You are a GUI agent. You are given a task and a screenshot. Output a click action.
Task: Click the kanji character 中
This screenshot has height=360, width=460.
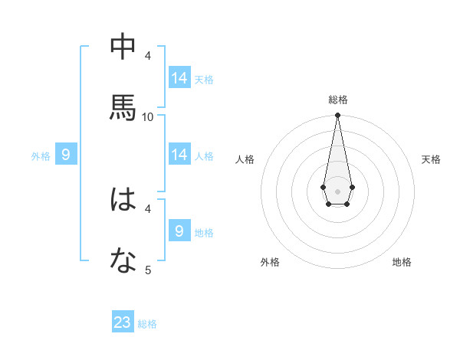(x=123, y=47)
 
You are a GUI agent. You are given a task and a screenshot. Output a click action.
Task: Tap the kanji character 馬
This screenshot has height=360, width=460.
(x=123, y=108)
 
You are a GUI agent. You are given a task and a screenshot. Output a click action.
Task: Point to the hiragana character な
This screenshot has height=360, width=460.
(x=123, y=261)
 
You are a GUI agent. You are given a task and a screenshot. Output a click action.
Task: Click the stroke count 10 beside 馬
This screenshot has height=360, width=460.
(x=148, y=116)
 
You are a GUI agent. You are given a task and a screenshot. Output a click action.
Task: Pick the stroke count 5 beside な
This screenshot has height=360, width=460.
(x=148, y=270)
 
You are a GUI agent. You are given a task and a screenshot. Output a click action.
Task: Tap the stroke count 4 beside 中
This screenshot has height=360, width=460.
(x=148, y=55)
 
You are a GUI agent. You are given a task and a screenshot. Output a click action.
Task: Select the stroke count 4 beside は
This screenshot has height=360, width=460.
(x=148, y=208)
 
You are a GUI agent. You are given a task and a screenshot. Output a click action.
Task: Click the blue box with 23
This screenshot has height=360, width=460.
(x=123, y=322)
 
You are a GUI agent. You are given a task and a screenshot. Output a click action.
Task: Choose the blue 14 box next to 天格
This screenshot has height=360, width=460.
(x=179, y=78)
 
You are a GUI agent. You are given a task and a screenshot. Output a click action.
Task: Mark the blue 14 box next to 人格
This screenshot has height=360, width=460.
(x=179, y=155)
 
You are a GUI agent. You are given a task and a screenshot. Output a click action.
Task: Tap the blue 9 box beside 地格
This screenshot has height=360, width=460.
(x=179, y=231)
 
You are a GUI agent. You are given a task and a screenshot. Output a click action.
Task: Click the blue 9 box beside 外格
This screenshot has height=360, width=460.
(x=66, y=155)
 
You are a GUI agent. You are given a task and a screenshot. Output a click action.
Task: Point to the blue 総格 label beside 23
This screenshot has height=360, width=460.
(x=147, y=324)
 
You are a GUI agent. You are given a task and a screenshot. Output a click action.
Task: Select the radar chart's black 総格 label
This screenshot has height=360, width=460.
(x=337, y=100)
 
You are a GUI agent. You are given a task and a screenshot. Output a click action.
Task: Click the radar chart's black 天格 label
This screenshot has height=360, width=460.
(x=431, y=159)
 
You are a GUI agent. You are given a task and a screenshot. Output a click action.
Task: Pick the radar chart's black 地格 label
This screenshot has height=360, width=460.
(x=402, y=262)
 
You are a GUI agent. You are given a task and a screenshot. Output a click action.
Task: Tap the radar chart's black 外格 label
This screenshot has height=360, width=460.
(x=270, y=262)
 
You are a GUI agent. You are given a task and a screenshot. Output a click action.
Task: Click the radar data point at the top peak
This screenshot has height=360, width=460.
(x=337, y=115)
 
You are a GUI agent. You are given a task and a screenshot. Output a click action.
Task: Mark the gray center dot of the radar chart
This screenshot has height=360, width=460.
(x=337, y=190)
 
